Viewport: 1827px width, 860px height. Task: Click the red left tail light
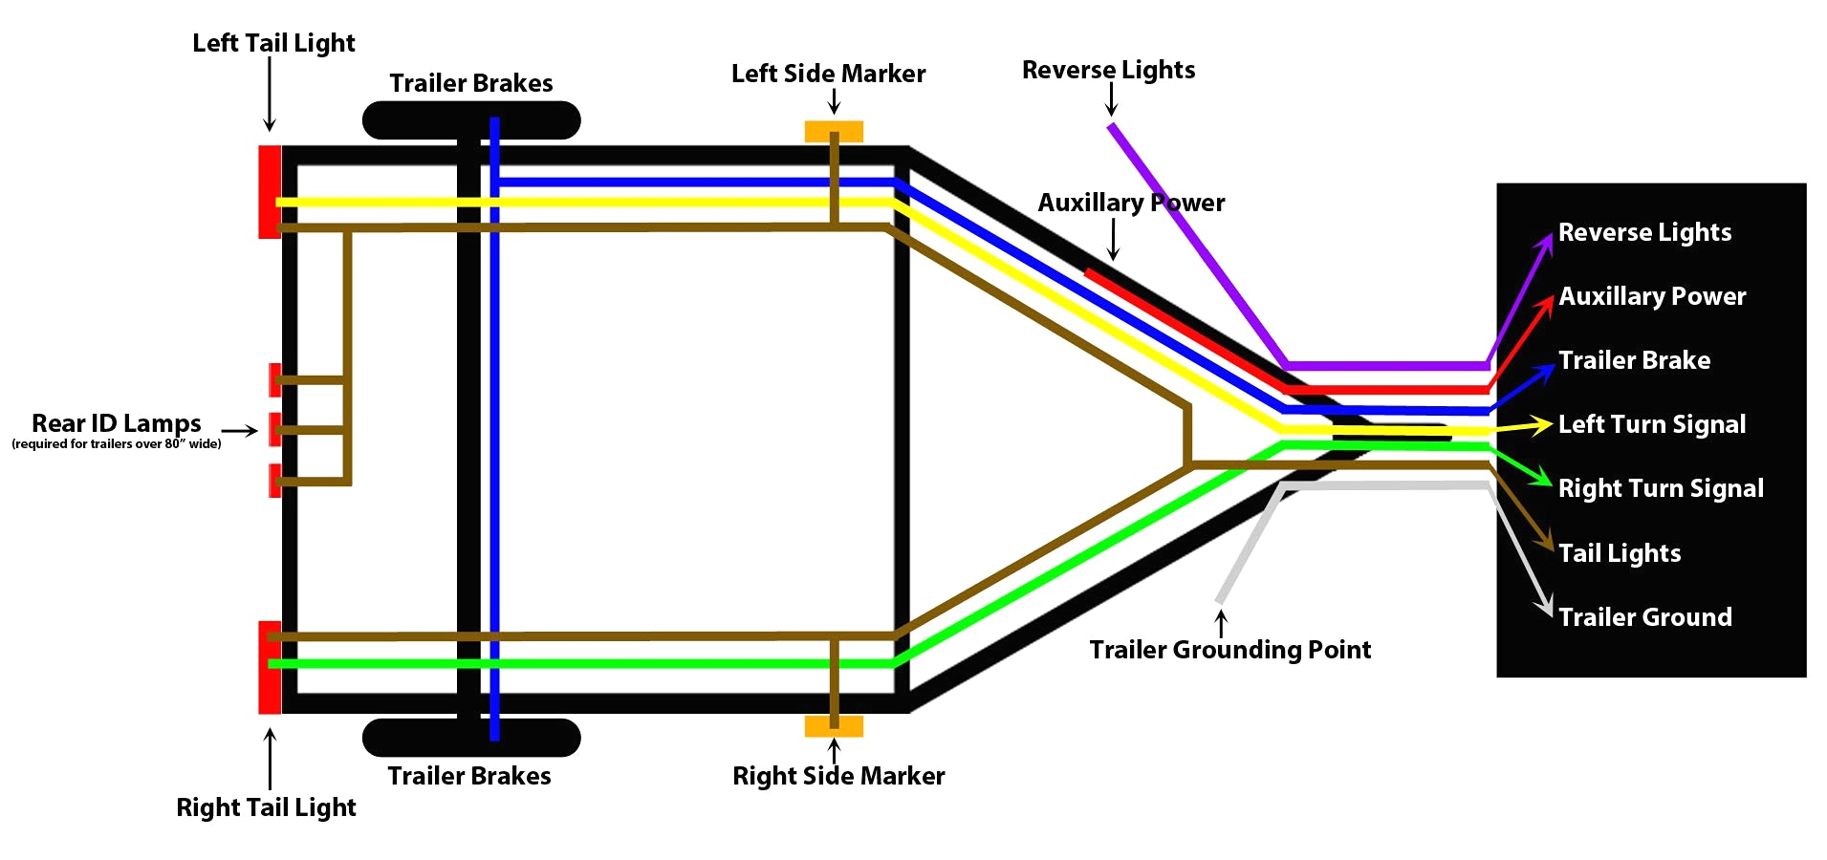pyautogui.click(x=269, y=191)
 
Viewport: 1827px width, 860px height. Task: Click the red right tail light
pyautogui.click(x=269, y=667)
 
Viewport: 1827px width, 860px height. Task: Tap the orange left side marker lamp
pyautogui.click(x=833, y=131)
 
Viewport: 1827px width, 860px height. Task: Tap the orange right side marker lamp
pyautogui.click(x=833, y=726)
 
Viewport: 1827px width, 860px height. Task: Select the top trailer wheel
pyautogui.click(x=471, y=120)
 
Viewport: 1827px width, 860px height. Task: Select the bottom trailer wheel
pyautogui.click(x=471, y=737)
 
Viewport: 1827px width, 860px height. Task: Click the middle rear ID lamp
pyautogui.click(x=274, y=429)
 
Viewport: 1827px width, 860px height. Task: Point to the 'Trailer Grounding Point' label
pyautogui.click(x=1229, y=650)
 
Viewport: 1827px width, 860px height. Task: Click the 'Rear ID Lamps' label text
pyautogui.click(x=116, y=422)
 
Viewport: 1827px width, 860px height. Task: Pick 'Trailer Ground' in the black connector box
pyautogui.click(x=1644, y=617)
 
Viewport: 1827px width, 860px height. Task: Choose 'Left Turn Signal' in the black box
pyautogui.click(x=1651, y=424)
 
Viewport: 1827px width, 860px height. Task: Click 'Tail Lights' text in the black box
pyautogui.click(x=1619, y=553)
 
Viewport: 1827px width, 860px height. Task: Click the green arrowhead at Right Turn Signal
pyautogui.click(x=1541, y=477)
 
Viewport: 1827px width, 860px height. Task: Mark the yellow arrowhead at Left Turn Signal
pyautogui.click(x=1541, y=424)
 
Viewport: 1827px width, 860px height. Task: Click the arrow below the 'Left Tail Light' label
pyautogui.click(x=270, y=96)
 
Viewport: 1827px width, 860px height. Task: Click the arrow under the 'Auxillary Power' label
pyautogui.click(x=1113, y=240)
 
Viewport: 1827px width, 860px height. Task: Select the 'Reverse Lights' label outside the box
pyautogui.click(x=1108, y=70)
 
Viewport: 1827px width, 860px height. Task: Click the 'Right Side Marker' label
pyautogui.click(x=837, y=776)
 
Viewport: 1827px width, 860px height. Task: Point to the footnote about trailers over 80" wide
pyautogui.click(x=116, y=444)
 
